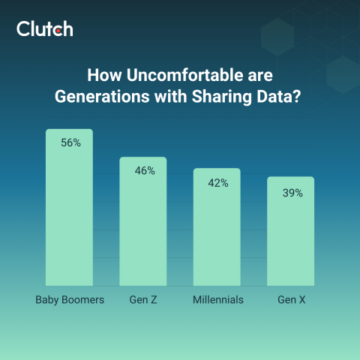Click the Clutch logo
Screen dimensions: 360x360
click(44, 29)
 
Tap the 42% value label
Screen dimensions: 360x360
click(218, 182)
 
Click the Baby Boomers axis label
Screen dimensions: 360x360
click(70, 301)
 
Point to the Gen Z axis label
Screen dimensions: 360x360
click(143, 301)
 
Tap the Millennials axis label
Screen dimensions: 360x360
click(217, 301)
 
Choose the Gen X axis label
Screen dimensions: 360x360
click(290, 301)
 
